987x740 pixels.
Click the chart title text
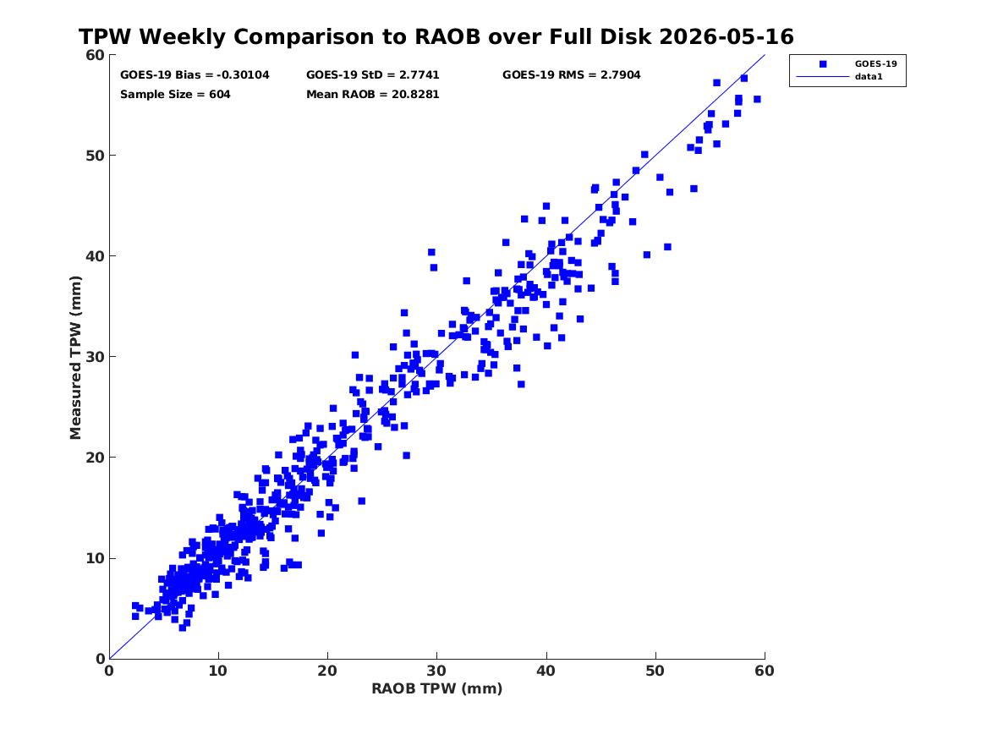(x=436, y=36)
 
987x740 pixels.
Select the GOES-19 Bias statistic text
(x=195, y=75)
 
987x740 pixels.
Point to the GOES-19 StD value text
(x=373, y=75)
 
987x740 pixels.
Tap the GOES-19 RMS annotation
(x=572, y=75)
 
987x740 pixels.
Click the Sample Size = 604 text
(x=175, y=95)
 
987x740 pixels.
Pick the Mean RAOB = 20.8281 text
(x=373, y=95)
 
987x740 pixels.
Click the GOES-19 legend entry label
(x=875, y=63)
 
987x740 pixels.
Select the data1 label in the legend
(x=869, y=77)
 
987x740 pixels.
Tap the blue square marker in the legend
(x=823, y=63)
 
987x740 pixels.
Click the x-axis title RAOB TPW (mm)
(x=437, y=688)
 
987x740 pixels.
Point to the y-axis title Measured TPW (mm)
(x=75, y=358)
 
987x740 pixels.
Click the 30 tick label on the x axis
(x=437, y=671)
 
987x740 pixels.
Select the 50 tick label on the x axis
(x=655, y=671)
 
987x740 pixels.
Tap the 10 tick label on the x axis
(x=218, y=671)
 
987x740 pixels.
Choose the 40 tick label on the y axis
(x=95, y=256)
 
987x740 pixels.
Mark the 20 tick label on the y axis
(x=95, y=458)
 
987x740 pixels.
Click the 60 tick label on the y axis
(x=95, y=55)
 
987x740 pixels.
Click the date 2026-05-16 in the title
(x=727, y=36)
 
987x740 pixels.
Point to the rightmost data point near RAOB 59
(x=757, y=100)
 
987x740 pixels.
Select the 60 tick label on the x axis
(x=765, y=671)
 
